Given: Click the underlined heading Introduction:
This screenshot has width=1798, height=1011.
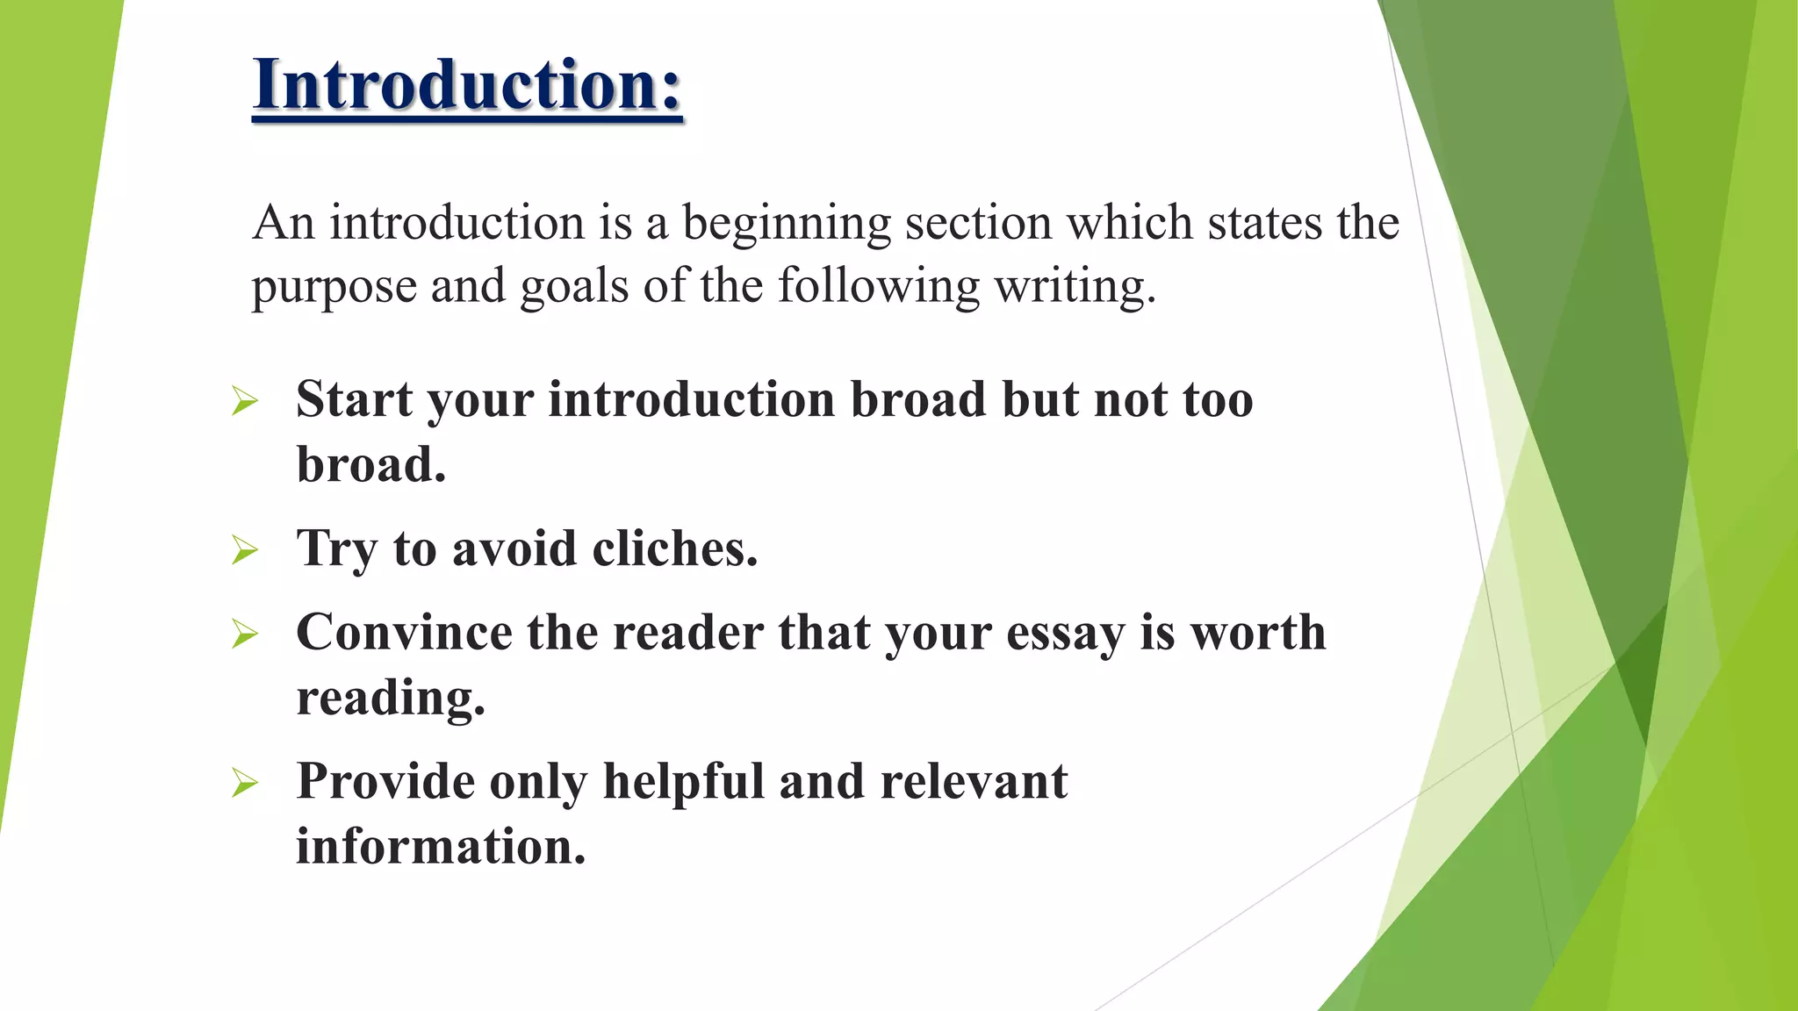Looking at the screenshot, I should [467, 85].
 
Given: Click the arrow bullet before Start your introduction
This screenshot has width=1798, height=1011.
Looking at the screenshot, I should [245, 402].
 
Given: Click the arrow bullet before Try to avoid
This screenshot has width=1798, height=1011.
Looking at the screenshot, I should [245, 551].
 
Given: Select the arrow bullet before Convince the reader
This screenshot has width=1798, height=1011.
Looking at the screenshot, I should [245, 634].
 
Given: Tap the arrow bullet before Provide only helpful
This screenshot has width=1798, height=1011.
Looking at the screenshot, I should [245, 783].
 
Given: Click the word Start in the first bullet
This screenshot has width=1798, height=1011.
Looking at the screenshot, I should [354, 400].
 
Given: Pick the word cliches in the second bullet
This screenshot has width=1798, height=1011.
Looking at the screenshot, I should [674, 549].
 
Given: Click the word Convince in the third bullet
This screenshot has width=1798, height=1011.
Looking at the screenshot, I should [404, 633].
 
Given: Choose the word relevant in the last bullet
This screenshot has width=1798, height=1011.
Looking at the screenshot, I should [974, 782].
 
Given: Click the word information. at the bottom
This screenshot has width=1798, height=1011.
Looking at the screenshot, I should [441, 847].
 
